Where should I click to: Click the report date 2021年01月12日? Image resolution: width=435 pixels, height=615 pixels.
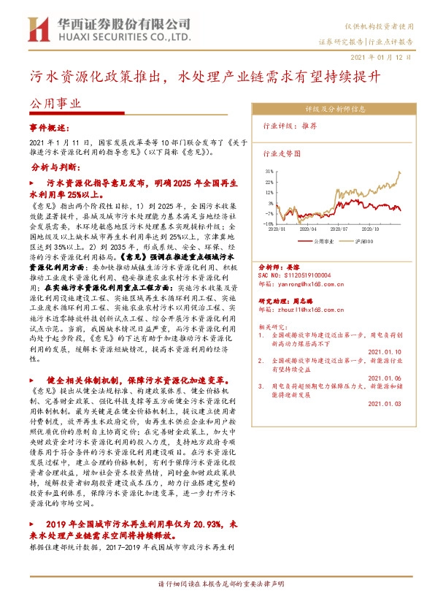pyautogui.click(x=387, y=56)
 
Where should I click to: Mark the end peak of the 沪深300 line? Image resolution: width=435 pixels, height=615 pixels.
pyautogui.click(x=399, y=172)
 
